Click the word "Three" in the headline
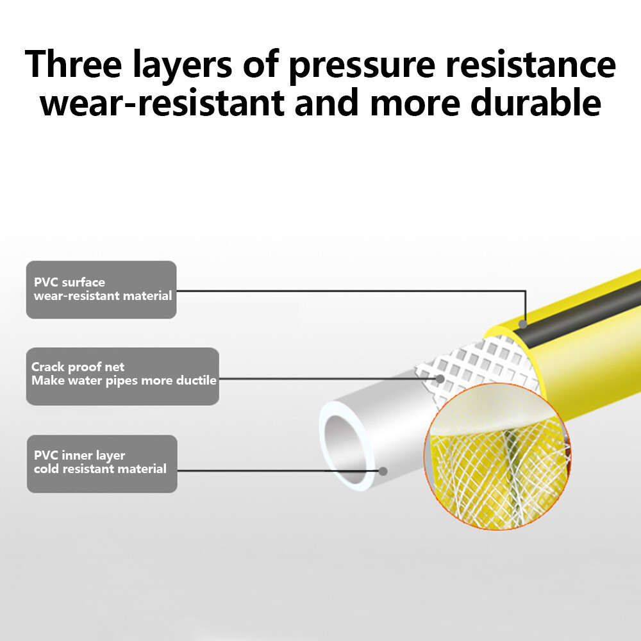74,63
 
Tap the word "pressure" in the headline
362,67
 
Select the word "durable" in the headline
535,102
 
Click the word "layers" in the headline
182,67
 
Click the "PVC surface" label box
101,290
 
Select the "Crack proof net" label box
122,376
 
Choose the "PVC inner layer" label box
102,463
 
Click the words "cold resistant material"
100,469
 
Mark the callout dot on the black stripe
523,324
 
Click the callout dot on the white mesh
440,379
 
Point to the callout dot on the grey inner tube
383,471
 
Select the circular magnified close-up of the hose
497,456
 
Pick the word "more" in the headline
415,104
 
